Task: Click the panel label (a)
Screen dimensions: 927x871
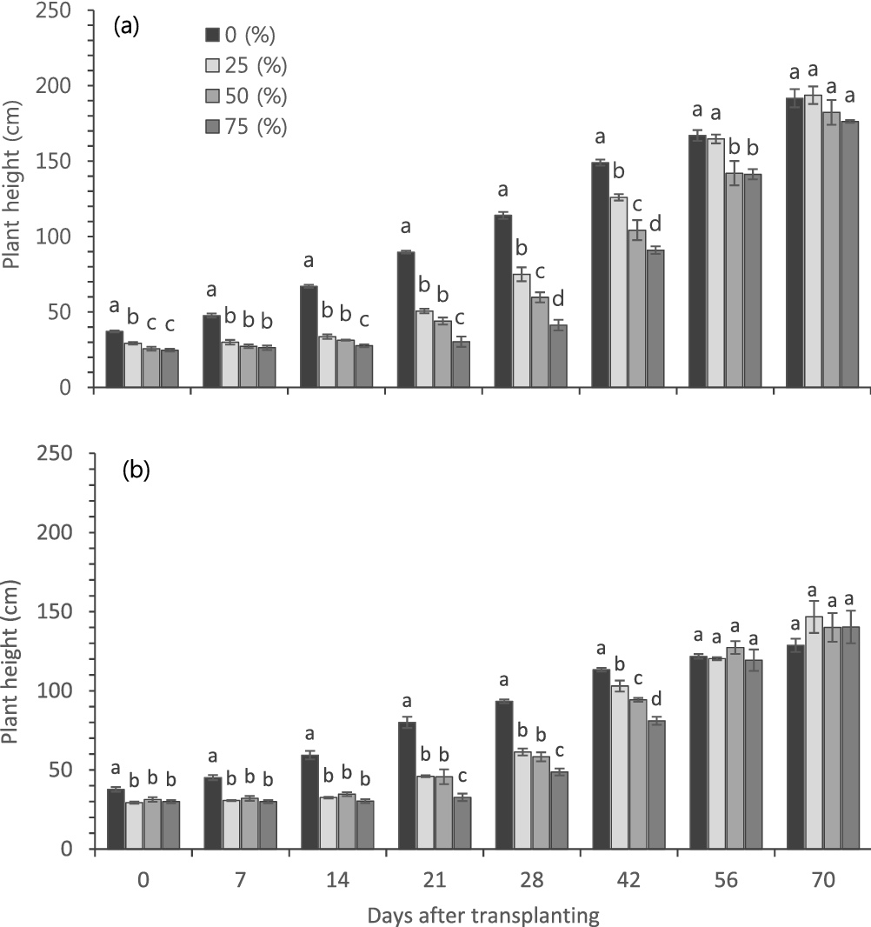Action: pos(127,26)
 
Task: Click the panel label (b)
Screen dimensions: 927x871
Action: pos(135,470)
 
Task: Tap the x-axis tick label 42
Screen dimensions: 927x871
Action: pos(628,880)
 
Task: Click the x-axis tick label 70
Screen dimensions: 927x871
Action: pos(822,880)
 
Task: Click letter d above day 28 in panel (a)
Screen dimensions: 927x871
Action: pos(558,300)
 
